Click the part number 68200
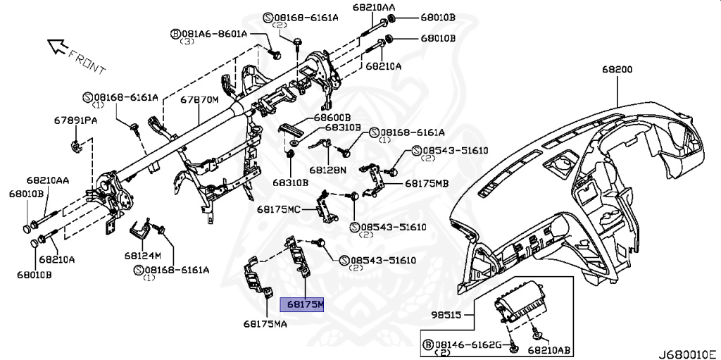click(617, 70)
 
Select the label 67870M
click(199, 100)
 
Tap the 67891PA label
click(75, 120)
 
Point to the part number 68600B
click(332, 117)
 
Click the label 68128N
click(329, 170)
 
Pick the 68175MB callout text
click(427, 183)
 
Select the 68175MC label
click(279, 209)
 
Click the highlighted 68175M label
click(303, 304)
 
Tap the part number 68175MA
click(266, 324)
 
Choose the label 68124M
click(143, 254)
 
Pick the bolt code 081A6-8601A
click(213, 33)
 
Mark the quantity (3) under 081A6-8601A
click(187, 42)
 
